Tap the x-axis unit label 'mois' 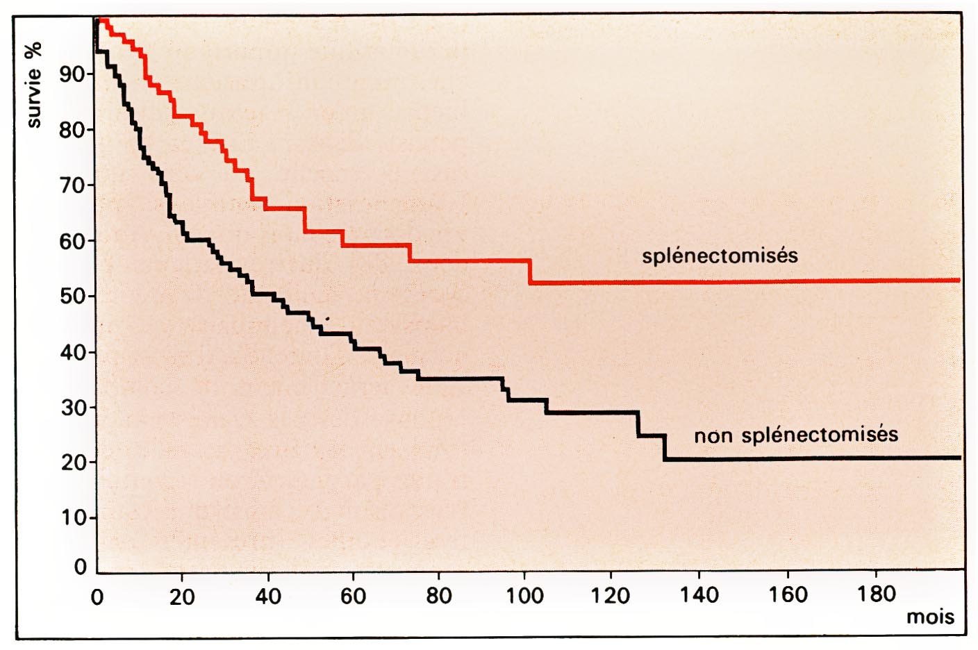[x=930, y=617]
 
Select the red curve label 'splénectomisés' [x=720, y=256]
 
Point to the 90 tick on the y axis [x=72, y=74]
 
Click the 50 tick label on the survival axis [x=72, y=297]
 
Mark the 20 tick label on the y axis [x=72, y=462]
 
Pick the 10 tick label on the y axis [x=72, y=518]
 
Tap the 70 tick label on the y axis [x=72, y=185]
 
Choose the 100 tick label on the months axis [x=524, y=596]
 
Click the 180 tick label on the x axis [x=876, y=594]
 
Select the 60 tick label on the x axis [x=353, y=596]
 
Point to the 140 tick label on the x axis [x=699, y=595]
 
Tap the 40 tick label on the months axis [x=267, y=596]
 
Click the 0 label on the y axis [x=81, y=567]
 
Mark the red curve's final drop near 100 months [x=531, y=272]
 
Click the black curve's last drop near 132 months [x=665, y=447]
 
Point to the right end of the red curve [x=959, y=280]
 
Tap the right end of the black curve [x=959, y=458]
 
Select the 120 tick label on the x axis [x=611, y=595]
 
